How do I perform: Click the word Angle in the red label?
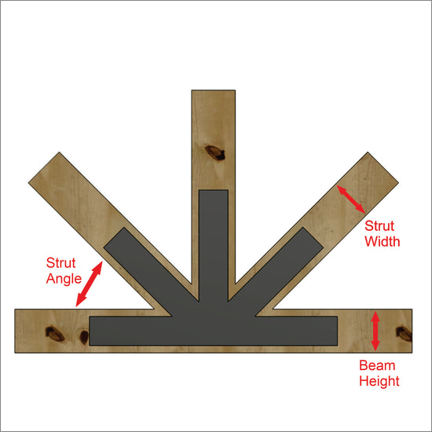point(64,280)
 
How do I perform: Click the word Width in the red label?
point(383,242)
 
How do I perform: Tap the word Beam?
point(377,365)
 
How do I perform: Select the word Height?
point(379,382)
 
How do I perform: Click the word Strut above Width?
point(379,226)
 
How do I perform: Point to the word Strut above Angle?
point(61,263)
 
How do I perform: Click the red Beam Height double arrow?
point(375,331)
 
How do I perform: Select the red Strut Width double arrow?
point(351,200)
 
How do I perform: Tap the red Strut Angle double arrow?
point(89,284)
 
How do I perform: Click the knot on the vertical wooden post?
point(215,153)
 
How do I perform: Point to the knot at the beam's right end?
point(404,334)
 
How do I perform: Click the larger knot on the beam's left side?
point(55,334)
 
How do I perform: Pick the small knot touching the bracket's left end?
point(84,337)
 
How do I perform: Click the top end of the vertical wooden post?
point(213,90)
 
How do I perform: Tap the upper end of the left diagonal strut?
point(44,167)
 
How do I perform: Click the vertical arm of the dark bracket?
point(214,245)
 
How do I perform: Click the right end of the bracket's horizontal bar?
point(337,331)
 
